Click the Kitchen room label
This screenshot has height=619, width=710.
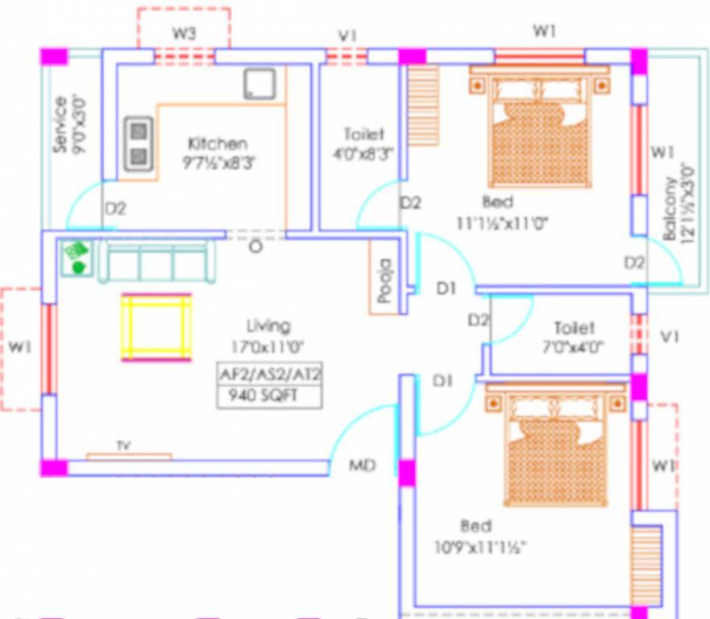(217, 143)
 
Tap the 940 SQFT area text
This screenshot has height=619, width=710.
(268, 397)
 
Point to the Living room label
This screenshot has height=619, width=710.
(268, 326)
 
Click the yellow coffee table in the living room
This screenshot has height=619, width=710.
(156, 327)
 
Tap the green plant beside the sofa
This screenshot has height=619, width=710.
(78, 258)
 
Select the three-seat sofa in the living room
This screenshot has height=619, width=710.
(157, 262)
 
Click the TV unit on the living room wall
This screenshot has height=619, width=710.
(128, 455)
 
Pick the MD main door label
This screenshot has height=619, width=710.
(363, 465)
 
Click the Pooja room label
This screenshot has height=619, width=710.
(384, 280)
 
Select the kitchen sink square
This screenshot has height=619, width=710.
(260, 84)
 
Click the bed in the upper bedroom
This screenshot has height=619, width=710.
(538, 129)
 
